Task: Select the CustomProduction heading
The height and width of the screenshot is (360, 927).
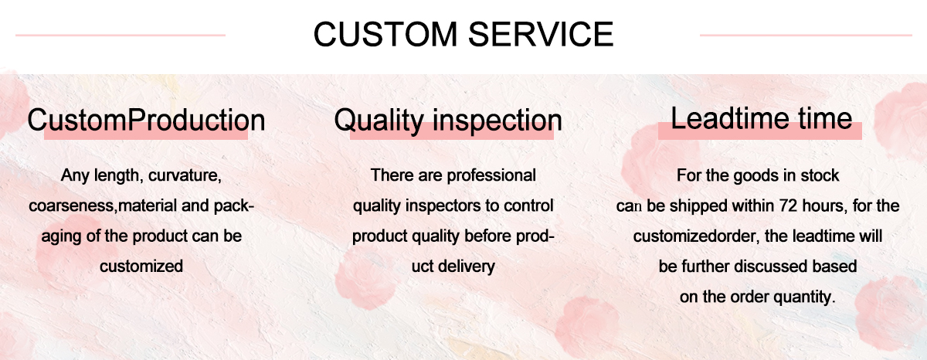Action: click(x=146, y=121)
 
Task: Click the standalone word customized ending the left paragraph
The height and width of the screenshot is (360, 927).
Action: click(x=141, y=267)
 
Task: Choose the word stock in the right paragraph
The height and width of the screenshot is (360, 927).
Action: click(x=820, y=176)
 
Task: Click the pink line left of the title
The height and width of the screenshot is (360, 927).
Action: click(x=120, y=35)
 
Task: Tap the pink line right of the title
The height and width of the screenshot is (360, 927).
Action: click(x=806, y=35)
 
